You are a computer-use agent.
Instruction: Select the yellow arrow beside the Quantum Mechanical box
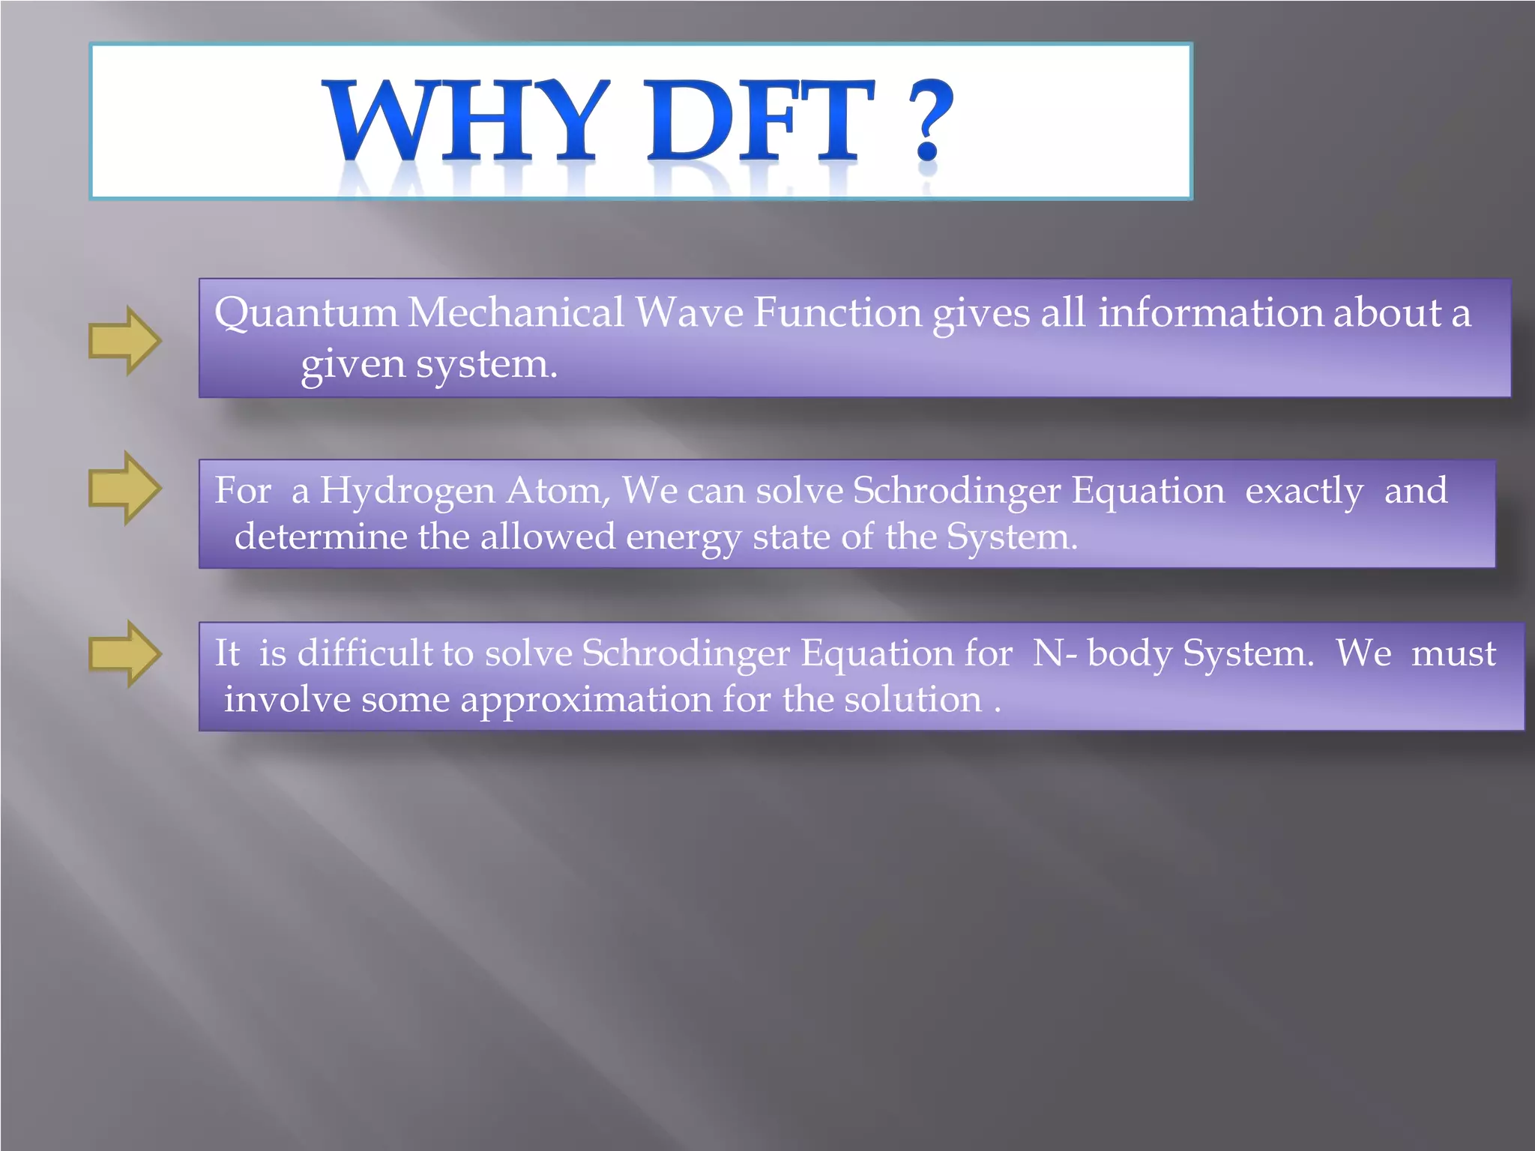[124, 340]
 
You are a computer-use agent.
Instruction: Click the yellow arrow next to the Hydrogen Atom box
[124, 488]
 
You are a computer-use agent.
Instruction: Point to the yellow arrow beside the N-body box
[124, 653]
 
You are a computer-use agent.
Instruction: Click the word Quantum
[305, 313]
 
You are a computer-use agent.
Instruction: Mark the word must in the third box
[1453, 653]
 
